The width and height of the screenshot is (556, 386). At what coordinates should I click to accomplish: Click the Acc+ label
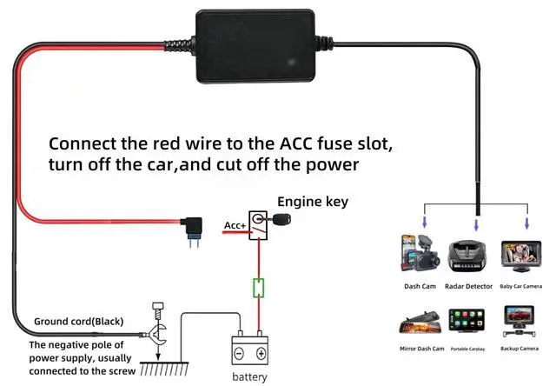coord(235,227)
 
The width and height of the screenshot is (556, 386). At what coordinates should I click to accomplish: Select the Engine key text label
coord(313,202)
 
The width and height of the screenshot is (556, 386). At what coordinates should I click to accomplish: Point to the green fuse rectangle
coord(258,288)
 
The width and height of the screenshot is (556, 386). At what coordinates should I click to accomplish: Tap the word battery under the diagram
coord(249,376)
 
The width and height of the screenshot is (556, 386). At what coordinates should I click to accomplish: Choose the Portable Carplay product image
coord(470,319)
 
